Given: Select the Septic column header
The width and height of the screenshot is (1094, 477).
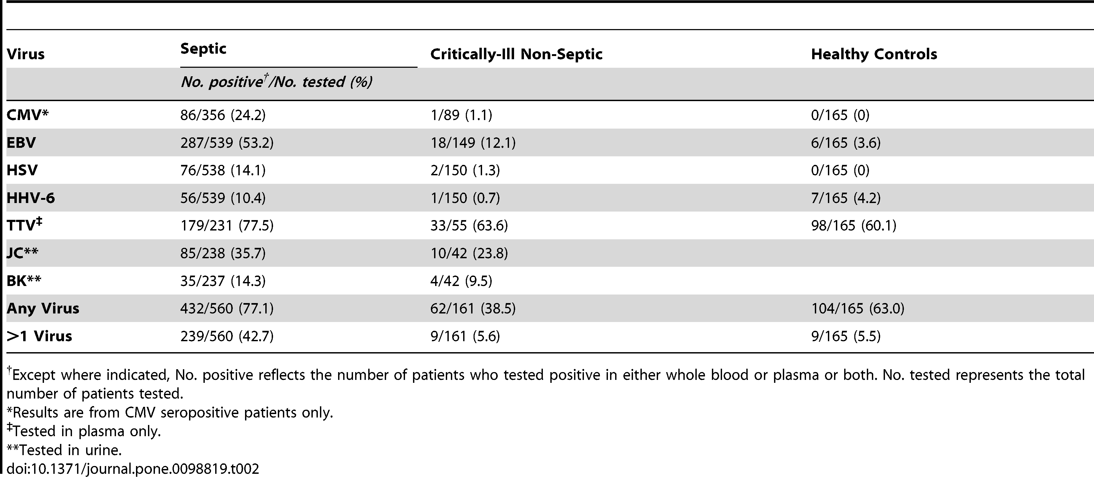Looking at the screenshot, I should [x=203, y=49].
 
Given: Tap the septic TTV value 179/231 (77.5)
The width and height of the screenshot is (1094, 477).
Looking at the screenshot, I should [x=227, y=225].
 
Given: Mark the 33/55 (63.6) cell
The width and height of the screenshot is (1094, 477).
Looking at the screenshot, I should [x=469, y=225].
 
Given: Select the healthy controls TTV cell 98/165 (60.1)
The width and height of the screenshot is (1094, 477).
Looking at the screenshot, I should [x=853, y=225].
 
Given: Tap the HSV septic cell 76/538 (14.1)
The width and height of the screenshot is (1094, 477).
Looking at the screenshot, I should [x=223, y=170].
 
